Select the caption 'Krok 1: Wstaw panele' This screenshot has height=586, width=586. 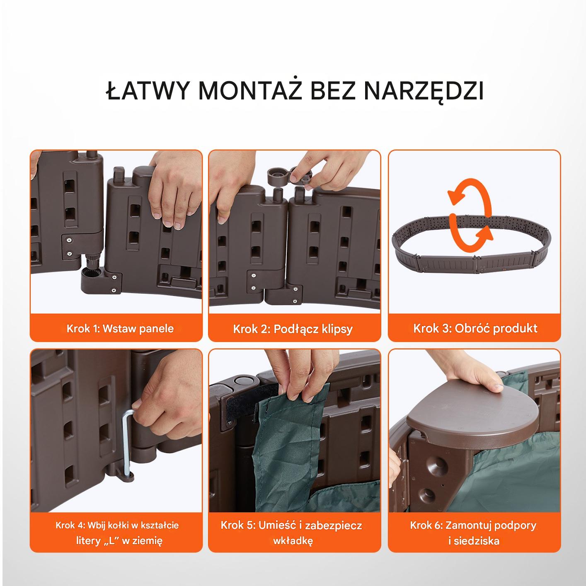point(120,328)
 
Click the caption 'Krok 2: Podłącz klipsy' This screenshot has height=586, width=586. point(293,329)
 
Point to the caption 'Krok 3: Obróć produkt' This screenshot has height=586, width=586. point(475,328)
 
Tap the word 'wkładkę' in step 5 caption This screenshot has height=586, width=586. point(293,540)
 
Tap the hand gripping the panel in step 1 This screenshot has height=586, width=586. point(175,187)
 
